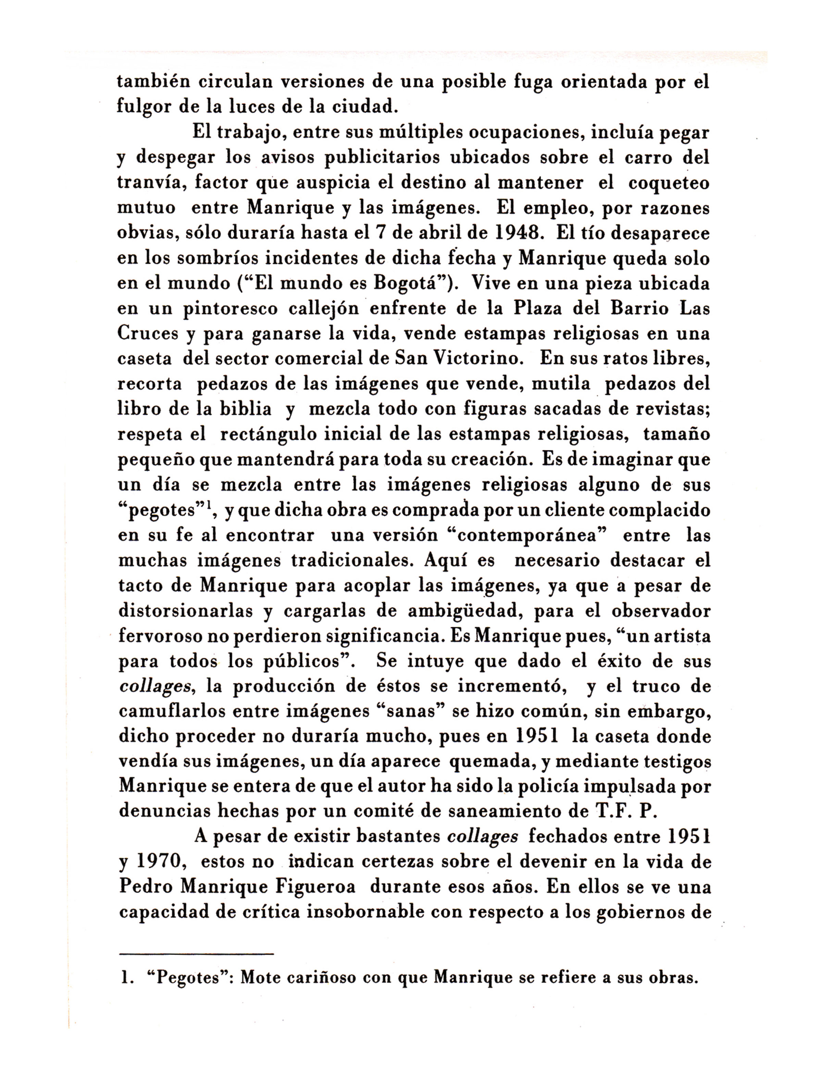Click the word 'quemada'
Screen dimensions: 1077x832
tap(493, 762)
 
